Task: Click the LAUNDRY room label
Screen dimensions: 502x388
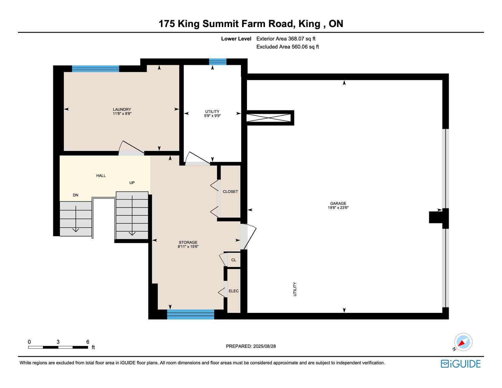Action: click(x=122, y=109)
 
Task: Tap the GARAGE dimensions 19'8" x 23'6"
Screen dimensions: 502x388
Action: click(x=338, y=208)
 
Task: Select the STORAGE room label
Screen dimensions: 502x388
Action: click(x=188, y=242)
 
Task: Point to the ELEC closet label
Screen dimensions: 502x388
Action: click(x=233, y=291)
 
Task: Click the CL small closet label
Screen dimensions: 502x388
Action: click(x=234, y=260)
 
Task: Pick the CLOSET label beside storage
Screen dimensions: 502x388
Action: click(x=230, y=192)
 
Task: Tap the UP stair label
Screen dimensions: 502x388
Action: click(x=132, y=183)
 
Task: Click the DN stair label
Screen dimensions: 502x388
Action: click(x=75, y=195)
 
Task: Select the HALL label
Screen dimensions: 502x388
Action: click(x=101, y=176)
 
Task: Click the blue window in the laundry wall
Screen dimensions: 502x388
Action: click(x=96, y=69)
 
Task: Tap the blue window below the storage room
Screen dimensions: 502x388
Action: click(x=190, y=314)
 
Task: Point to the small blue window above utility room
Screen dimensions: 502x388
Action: click(x=218, y=62)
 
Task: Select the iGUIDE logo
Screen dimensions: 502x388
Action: click(x=461, y=364)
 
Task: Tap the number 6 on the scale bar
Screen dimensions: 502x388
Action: click(x=88, y=342)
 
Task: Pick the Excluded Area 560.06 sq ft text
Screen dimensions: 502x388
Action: click(x=288, y=47)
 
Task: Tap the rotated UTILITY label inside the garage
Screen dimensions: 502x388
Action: click(x=295, y=289)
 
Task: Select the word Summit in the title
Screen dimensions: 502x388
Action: click(x=221, y=24)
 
